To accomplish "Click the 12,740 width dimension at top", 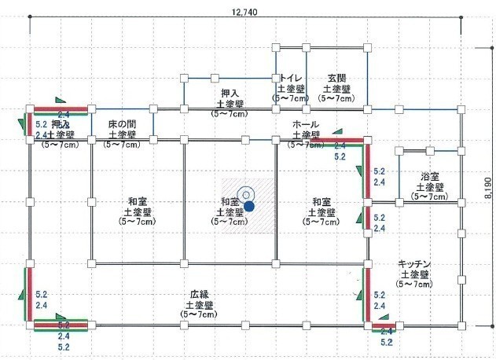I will [x=246, y=12].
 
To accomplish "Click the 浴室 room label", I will [x=429, y=176].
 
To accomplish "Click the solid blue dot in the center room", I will [x=248, y=206].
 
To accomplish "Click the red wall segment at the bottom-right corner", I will [x=384, y=324].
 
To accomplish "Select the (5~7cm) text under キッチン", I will [x=415, y=284].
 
